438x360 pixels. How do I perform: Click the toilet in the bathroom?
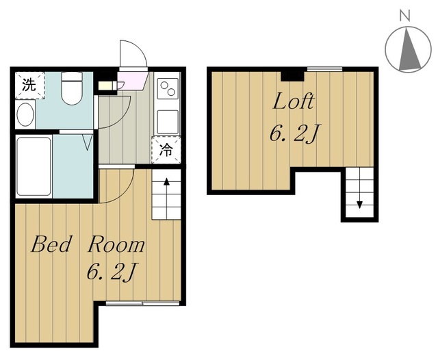(72, 88)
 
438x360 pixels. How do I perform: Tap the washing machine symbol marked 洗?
(29, 85)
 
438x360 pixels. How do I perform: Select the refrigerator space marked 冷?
(166, 151)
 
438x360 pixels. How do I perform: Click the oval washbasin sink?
(25, 114)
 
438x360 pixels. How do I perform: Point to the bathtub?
(34, 166)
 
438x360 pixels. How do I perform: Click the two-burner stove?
(168, 88)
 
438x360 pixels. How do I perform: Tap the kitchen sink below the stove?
(168, 122)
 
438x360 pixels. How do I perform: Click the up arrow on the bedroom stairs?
(167, 198)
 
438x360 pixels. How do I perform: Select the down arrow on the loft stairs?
(359, 188)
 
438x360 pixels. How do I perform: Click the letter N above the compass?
(404, 16)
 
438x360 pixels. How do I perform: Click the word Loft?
(294, 101)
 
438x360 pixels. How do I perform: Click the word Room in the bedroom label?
(116, 244)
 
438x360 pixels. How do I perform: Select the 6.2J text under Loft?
(294, 133)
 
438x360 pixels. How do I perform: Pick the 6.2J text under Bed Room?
(112, 272)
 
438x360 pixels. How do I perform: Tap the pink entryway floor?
(131, 81)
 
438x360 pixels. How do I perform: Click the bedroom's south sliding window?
(142, 303)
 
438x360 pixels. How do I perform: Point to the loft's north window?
(325, 69)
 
